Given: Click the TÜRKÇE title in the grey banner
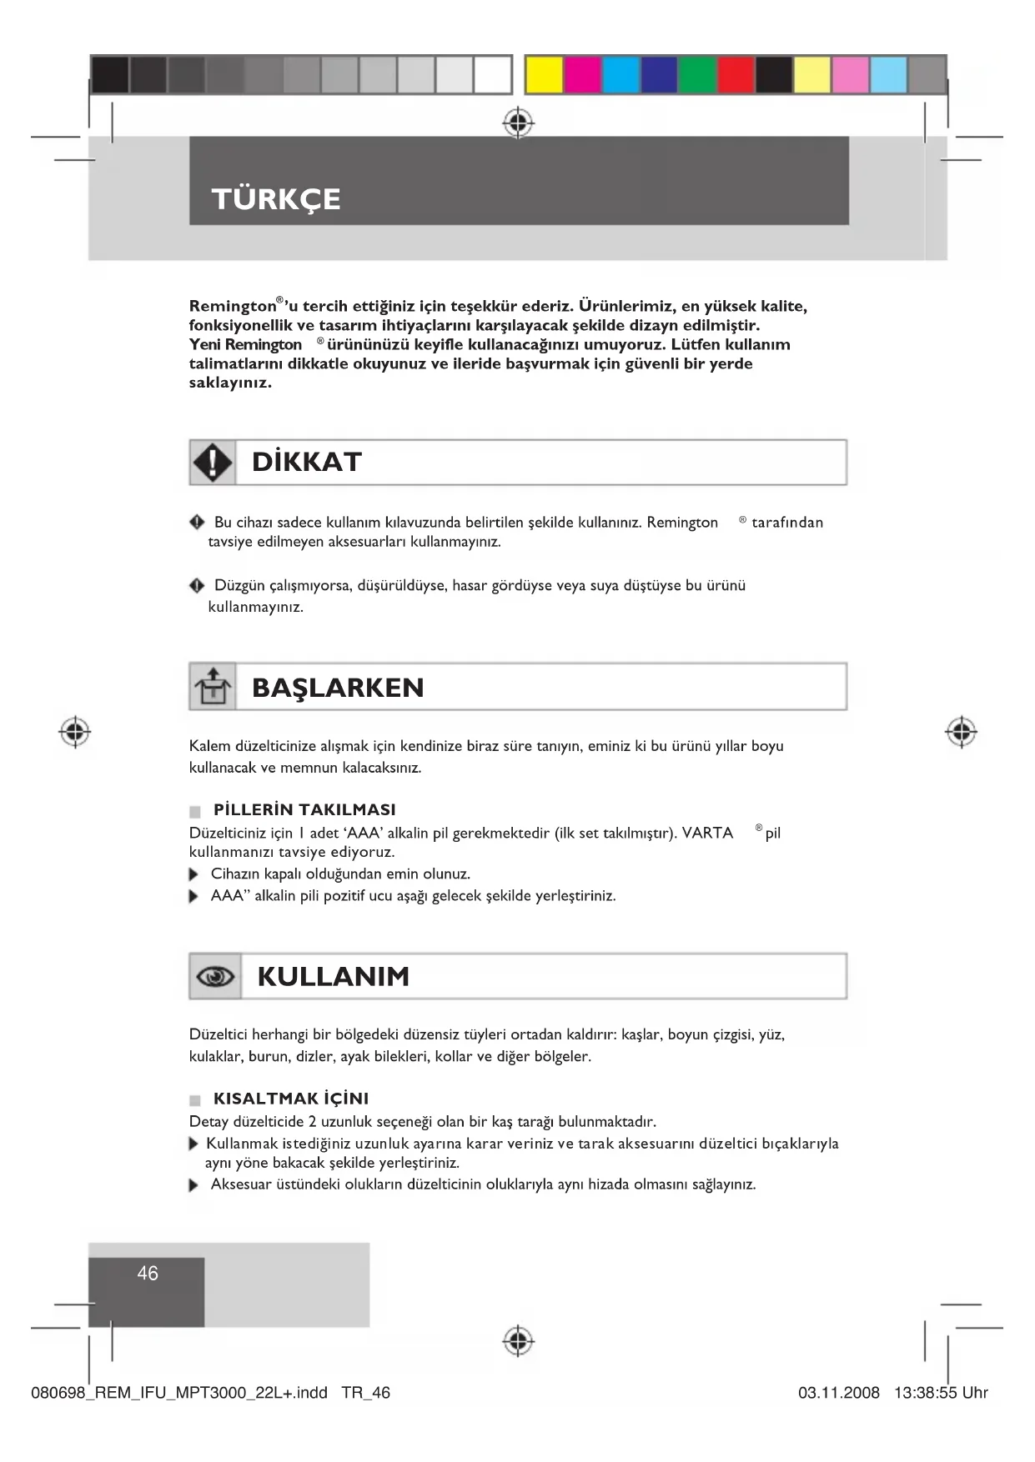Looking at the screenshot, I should tap(276, 199).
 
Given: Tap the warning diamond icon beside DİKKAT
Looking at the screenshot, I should tap(213, 463).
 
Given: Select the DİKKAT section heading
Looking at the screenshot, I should tap(307, 463).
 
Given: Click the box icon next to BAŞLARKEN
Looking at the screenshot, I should tap(213, 687).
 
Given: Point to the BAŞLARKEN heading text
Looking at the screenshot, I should tap(338, 688).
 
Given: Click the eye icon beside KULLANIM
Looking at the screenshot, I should tap(215, 976).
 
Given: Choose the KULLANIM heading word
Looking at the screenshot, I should tap(334, 976).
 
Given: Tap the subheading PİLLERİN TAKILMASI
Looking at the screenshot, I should tap(304, 809).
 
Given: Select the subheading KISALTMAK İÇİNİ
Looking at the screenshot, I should tap(291, 1099).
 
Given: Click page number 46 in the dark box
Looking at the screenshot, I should tap(148, 1274).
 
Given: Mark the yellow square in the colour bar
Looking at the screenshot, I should tap(544, 75).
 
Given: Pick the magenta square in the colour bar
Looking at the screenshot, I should tap(582, 75).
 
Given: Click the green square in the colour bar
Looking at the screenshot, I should tap(697, 75).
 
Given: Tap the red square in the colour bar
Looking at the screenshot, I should tap(736, 75).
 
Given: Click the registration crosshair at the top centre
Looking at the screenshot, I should tap(518, 123).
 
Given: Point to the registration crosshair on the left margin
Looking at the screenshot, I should tap(75, 732).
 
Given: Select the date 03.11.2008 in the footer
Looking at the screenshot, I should tap(838, 1393).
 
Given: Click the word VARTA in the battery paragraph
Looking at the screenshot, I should tap(707, 833).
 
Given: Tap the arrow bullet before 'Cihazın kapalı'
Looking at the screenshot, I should tap(194, 875).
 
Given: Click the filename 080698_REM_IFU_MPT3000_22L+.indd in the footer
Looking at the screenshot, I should tap(179, 1393).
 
